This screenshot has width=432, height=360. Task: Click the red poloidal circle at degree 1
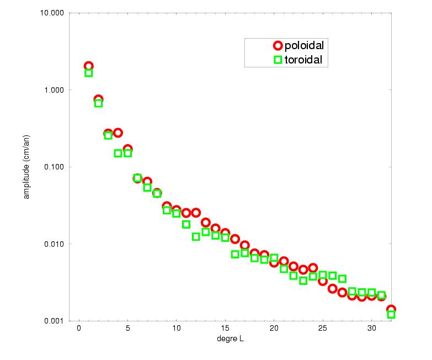coord(88,66)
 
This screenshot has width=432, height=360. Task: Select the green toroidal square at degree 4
coord(118,153)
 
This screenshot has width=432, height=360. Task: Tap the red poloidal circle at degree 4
coord(118,133)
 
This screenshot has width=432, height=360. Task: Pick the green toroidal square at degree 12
coord(196,236)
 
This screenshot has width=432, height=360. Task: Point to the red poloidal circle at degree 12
coord(196,213)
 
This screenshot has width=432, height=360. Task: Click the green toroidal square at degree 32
coord(391,314)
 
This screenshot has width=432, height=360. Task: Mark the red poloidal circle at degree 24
coord(313,268)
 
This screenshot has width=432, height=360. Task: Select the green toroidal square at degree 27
coord(342,278)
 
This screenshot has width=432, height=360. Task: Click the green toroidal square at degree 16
coord(235,254)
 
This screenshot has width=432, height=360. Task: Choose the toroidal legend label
coord(303,59)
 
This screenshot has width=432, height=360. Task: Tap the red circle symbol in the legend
coord(278,46)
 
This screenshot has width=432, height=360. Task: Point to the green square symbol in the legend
coord(278,59)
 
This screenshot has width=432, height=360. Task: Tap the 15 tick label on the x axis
coord(225,330)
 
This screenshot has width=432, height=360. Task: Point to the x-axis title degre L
coord(230,339)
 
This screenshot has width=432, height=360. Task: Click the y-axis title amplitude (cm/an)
coord(26,167)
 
